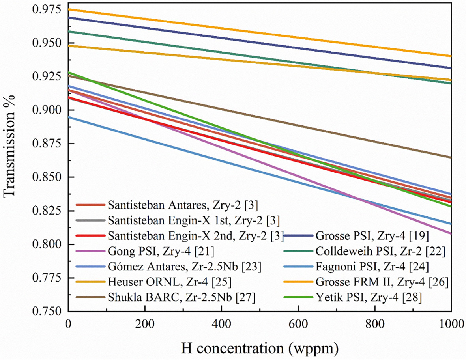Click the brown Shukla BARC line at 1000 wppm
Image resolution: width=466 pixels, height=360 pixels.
pos(451,157)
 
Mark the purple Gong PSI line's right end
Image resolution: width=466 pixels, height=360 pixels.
pos(451,233)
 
